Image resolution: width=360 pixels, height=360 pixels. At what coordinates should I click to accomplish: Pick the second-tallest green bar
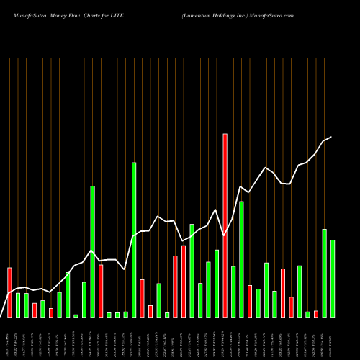[93, 251]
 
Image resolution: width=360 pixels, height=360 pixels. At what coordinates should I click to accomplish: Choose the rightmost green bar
[333, 278]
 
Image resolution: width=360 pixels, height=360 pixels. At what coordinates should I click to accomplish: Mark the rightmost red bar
[316, 313]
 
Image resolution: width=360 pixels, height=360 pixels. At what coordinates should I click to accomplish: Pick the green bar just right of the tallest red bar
[233, 292]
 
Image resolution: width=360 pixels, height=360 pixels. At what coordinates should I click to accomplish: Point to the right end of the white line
[331, 137]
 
